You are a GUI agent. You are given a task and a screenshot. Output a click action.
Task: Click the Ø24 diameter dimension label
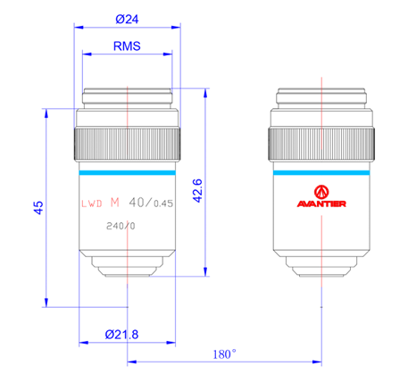(x=128, y=17)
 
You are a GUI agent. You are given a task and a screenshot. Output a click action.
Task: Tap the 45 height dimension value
(x=37, y=207)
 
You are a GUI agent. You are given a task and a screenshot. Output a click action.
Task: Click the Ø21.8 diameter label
(x=121, y=334)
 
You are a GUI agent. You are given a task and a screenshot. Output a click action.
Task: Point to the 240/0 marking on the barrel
(x=120, y=226)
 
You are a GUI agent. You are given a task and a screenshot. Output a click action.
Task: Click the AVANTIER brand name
(x=321, y=203)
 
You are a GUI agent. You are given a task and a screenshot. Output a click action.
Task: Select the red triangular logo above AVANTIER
(x=321, y=190)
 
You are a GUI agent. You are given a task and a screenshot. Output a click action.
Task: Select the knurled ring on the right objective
(x=321, y=139)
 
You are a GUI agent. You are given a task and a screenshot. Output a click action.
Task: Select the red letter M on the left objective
(x=115, y=201)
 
